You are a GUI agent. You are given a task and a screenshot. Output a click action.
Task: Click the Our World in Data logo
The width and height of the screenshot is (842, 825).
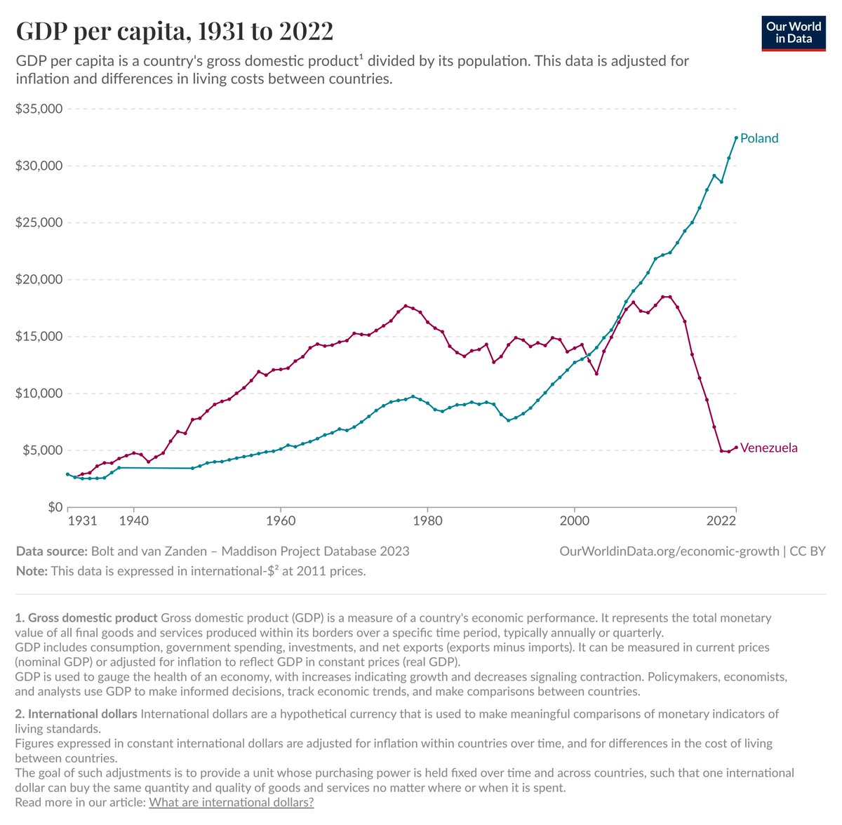pos(793,34)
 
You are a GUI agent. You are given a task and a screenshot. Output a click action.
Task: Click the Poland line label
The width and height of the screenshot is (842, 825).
pos(759,138)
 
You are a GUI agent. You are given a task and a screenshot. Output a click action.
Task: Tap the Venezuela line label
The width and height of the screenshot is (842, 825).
pos(768,448)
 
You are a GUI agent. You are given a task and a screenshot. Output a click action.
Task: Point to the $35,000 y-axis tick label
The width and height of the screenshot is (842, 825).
pos(39,108)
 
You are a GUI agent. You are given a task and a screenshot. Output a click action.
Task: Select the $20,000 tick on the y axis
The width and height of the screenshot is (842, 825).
pos(39,279)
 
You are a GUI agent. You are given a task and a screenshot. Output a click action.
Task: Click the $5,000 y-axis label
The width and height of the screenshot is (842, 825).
pos(42,450)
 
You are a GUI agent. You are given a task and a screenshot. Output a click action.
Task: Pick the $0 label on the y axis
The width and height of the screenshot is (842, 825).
pos(55,507)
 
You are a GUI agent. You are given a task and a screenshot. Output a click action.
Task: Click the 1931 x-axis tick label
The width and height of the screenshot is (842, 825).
pos(83,521)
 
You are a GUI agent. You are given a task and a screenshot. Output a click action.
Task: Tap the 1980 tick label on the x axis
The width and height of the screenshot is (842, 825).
pos(428,521)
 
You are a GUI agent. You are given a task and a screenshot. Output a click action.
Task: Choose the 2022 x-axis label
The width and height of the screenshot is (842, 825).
pos(721,521)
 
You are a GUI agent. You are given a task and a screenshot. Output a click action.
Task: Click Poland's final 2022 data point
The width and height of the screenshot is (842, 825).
pos(736,137)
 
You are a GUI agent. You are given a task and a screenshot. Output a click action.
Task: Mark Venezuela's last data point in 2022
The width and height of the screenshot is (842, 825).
pos(736,447)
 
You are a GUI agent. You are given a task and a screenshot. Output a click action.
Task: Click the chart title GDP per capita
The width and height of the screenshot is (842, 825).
pos(174,32)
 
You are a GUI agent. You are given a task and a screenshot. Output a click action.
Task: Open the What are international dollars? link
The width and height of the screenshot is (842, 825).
pos(231,803)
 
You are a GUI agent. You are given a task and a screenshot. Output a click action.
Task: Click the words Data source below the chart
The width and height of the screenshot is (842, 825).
pos(51,551)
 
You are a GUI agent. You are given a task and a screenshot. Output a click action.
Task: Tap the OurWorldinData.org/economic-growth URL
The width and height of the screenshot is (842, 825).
pos(669,551)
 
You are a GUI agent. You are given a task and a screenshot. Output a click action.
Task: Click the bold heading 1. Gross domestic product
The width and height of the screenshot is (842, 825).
pos(86,618)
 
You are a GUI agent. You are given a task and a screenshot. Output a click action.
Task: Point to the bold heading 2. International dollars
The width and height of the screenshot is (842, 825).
pos(76,714)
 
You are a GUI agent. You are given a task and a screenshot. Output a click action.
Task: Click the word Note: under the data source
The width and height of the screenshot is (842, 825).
pos(32,571)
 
